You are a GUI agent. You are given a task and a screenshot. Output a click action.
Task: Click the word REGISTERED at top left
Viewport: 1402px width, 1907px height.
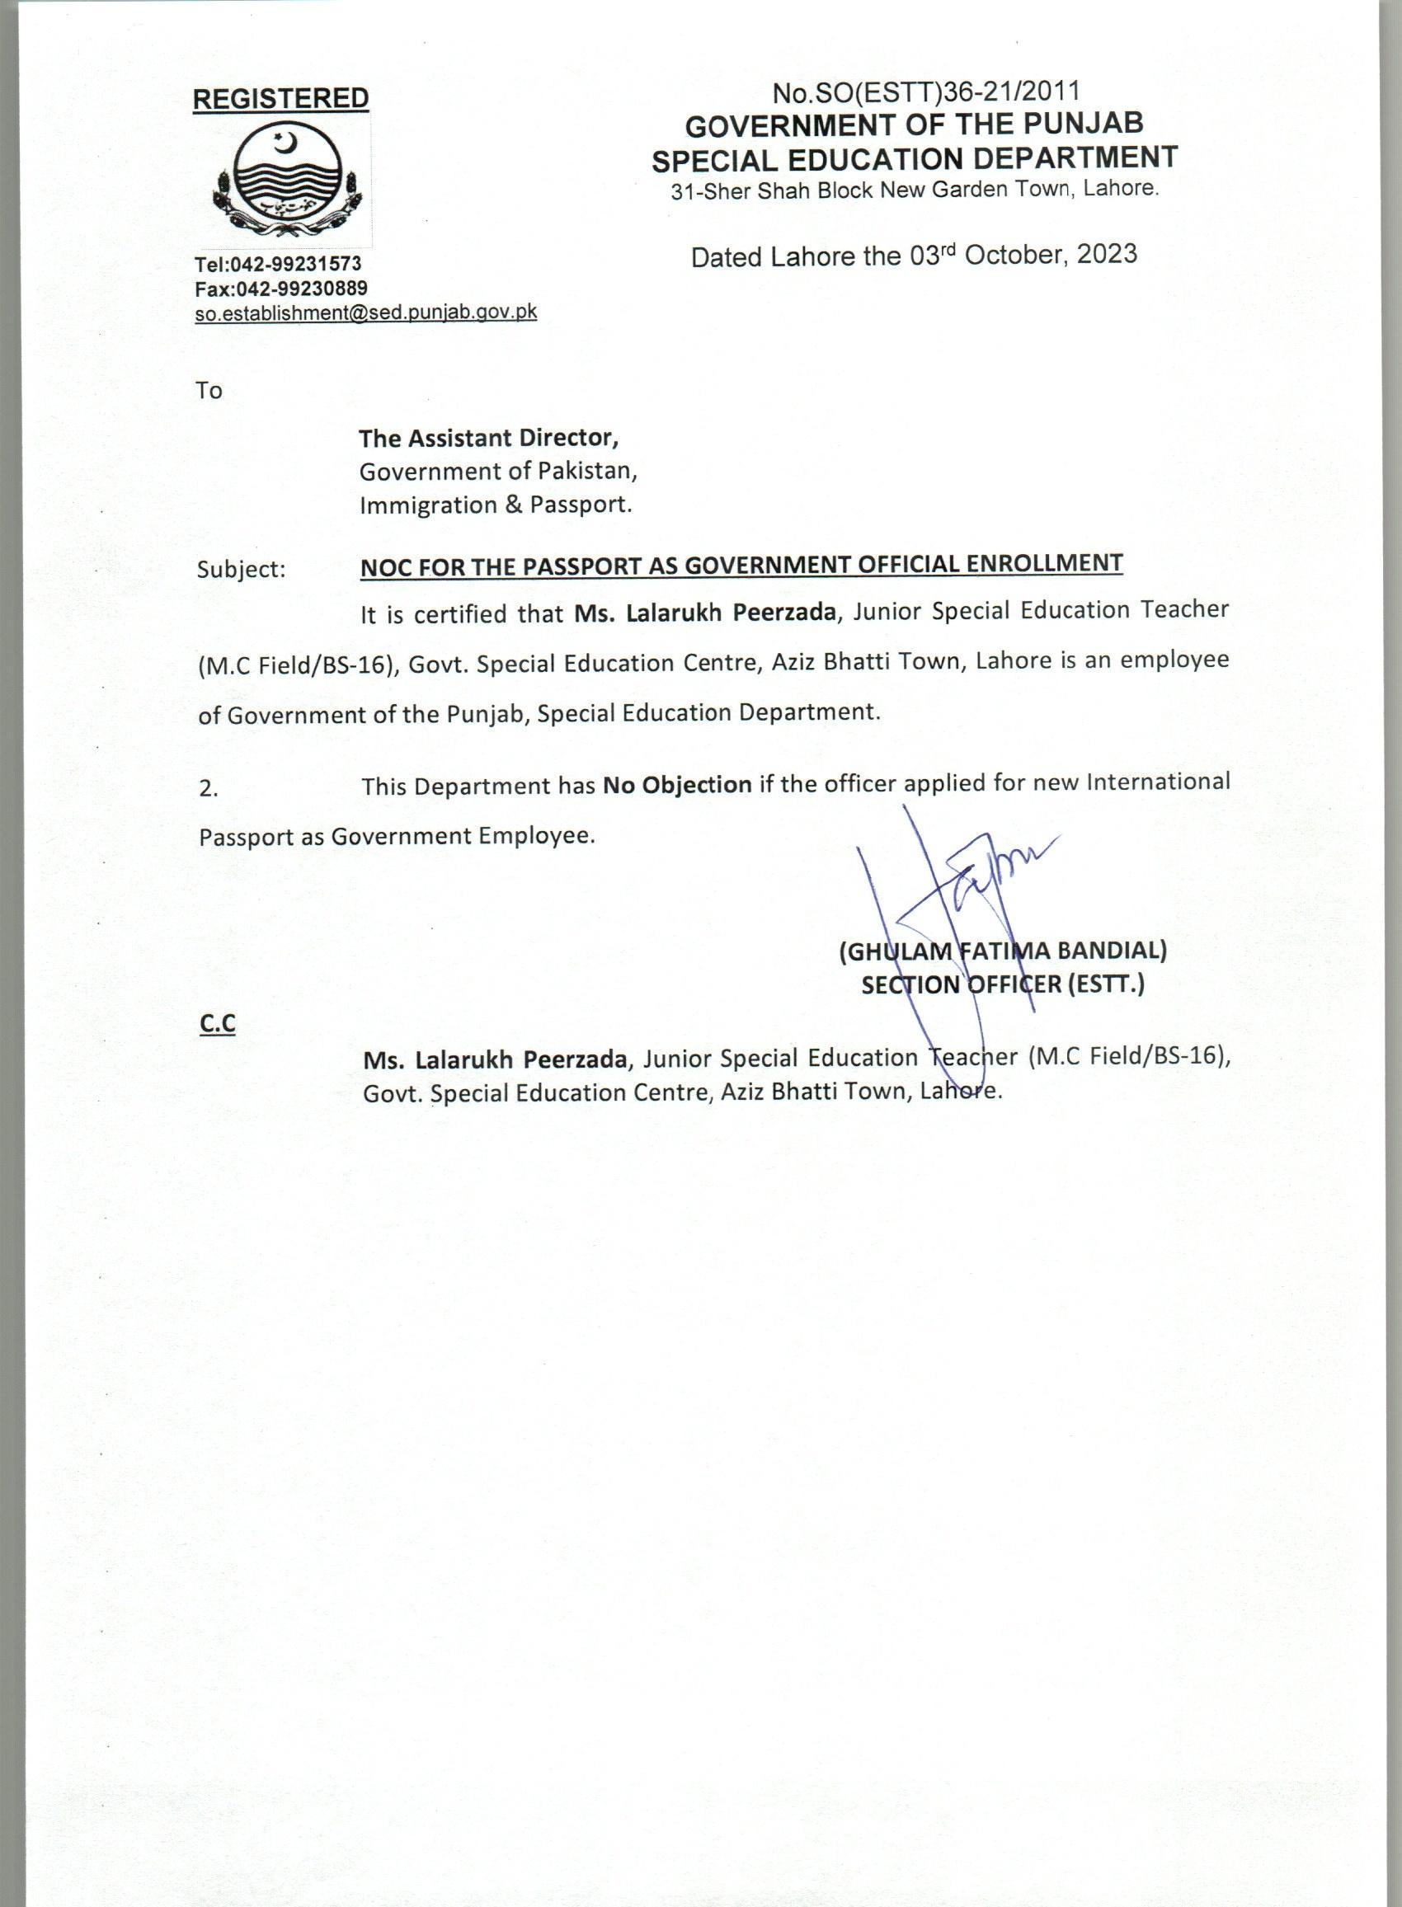[x=281, y=98]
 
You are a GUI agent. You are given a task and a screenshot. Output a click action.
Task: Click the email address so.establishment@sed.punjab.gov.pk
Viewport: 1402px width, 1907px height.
[x=366, y=312]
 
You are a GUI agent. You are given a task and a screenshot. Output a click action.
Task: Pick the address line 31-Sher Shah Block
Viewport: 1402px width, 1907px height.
[x=914, y=190]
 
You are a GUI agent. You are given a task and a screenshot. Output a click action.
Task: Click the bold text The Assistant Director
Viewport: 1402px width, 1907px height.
[x=488, y=438]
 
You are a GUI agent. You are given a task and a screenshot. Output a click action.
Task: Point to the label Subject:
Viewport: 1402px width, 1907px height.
[x=241, y=569]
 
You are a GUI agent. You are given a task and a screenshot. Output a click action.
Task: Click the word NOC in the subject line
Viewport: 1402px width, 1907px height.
[x=383, y=565]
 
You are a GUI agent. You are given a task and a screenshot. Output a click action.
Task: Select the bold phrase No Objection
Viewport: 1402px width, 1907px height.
[x=676, y=785]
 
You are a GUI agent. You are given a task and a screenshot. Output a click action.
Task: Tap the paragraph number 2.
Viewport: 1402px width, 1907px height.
[x=208, y=788]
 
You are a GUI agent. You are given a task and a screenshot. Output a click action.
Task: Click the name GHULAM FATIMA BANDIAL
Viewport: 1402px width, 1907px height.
[x=1002, y=951]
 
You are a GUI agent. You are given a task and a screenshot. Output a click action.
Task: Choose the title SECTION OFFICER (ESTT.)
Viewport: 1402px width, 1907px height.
[x=1002, y=985]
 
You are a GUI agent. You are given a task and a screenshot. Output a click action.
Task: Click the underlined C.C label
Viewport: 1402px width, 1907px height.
[x=217, y=1025]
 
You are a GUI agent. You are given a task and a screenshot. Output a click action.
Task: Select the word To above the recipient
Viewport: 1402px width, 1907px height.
[x=209, y=391]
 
